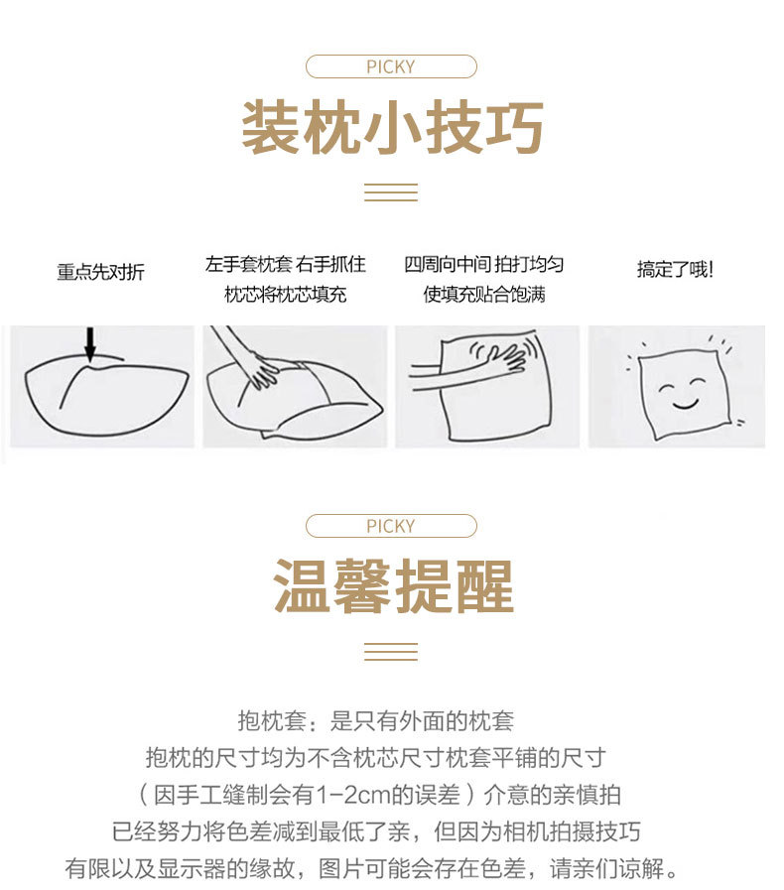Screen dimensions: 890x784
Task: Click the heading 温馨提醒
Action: [x=392, y=586]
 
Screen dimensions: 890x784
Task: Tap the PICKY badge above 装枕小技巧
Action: [x=391, y=67]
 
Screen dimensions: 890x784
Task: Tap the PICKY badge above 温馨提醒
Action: [x=391, y=526]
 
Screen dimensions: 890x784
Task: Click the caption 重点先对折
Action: [x=100, y=272]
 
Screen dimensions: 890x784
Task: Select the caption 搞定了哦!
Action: [x=675, y=269]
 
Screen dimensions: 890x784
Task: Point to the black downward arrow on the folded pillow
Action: [x=90, y=344]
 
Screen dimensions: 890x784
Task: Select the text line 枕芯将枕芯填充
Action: [x=286, y=295]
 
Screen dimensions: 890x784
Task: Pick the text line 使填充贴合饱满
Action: [x=484, y=295]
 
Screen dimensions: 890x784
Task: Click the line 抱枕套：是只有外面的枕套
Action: [x=375, y=721]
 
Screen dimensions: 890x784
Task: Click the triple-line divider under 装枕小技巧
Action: [x=391, y=192]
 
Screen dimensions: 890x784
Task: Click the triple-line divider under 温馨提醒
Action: [x=391, y=651]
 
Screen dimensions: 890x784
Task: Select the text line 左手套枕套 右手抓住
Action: [x=286, y=264]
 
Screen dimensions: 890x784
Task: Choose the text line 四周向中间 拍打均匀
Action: [x=484, y=264]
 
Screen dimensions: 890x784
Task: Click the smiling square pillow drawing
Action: [x=682, y=388]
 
